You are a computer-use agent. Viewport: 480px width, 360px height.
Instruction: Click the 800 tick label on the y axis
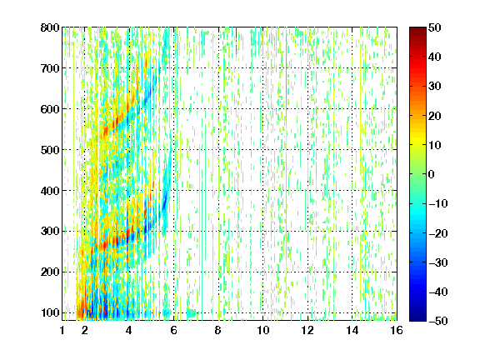coord(50,27)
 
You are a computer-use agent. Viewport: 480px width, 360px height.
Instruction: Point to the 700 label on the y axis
coord(50,68)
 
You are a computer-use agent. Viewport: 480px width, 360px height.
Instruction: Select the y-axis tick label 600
coord(50,109)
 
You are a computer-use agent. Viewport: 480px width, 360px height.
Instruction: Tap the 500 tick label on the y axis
coord(50,150)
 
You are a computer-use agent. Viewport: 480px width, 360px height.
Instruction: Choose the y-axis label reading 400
coord(50,191)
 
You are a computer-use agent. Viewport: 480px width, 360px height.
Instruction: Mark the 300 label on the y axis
coord(50,232)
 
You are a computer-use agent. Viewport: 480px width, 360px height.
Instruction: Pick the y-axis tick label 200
coord(50,272)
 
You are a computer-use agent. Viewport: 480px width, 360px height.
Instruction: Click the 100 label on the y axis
coord(50,312)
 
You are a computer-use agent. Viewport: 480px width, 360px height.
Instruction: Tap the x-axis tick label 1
coord(62,330)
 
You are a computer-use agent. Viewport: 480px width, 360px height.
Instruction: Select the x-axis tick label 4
coord(129,330)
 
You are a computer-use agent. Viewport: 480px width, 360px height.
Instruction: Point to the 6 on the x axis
coord(173,330)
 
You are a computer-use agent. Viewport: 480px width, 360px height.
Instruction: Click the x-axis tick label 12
coord(307,330)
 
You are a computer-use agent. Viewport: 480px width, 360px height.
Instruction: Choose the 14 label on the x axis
coord(352,330)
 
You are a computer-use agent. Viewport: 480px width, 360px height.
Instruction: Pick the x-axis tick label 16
coord(397,330)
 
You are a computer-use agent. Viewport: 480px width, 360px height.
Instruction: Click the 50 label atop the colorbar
coord(434,27)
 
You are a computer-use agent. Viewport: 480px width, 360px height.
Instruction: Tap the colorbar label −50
coord(438,321)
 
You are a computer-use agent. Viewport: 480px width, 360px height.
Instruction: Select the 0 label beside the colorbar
coord(432,174)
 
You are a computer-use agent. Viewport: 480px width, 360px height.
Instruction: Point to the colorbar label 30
coord(434,87)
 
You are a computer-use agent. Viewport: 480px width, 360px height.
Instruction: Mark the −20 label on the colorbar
coord(438,233)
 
